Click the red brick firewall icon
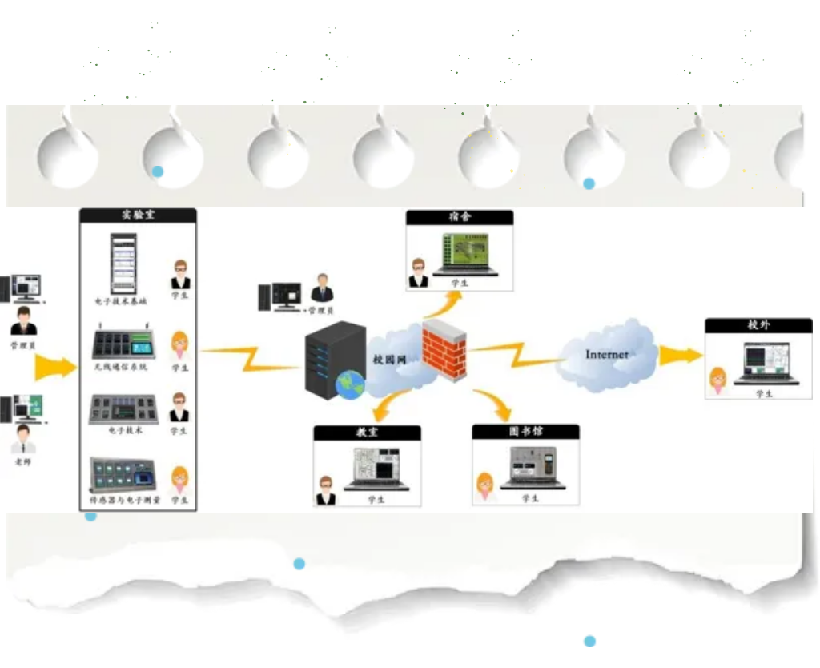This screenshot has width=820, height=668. click(444, 351)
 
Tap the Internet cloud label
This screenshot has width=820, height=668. click(606, 354)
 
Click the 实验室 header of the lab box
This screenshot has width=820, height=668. click(138, 215)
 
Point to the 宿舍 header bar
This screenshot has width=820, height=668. click(459, 217)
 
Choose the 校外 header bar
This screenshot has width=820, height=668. click(758, 325)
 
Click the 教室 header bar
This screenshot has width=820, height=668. click(367, 433)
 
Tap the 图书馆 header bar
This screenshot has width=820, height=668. click(525, 432)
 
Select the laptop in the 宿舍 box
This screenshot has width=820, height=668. click(465, 254)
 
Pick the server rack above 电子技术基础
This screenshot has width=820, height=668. click(123, 264)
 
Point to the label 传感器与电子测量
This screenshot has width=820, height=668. click(125, 499)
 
